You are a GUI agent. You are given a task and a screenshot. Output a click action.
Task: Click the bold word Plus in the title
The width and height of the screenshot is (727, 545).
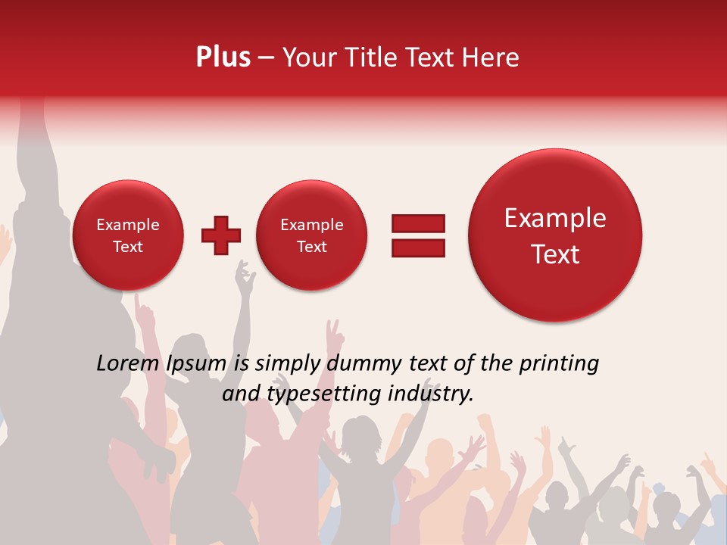click(x=223, y=58)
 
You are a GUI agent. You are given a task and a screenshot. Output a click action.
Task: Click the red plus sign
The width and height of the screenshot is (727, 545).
click(x=221, y=235)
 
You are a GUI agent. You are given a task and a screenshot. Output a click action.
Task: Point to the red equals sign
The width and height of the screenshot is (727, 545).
click(x=418, y=235)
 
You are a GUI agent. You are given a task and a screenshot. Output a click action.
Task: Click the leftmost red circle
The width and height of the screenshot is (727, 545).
click(x=127, y=235)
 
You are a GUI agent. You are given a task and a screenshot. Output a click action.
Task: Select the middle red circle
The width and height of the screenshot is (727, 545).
click(x=311, y=235)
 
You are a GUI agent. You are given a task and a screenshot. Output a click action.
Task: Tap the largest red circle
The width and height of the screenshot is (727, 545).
click(x=555, y=235)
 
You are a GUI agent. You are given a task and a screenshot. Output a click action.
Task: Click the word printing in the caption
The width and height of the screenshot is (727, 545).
click(x=558, y=364)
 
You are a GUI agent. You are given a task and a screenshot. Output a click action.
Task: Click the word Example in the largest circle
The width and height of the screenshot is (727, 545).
click(x=555, y=218)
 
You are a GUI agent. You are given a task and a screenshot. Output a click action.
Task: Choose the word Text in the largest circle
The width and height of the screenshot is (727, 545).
click(x=555, y=254)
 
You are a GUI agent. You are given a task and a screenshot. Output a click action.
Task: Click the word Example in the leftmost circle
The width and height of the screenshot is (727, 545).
click(x=127, y=225)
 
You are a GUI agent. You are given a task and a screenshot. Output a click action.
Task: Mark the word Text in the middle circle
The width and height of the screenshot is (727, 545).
click(x=311, y=247)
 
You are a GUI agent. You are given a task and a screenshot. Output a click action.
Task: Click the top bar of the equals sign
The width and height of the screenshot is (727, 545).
click(x=418, y=223)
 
